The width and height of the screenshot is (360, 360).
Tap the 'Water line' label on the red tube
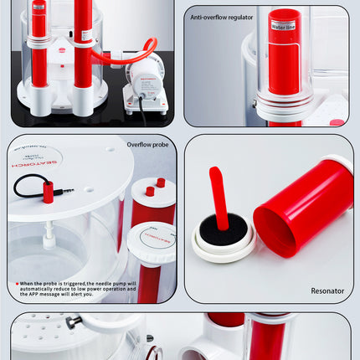[285, 26]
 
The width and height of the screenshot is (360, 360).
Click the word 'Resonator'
[327, 291]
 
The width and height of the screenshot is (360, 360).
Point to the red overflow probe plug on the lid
[48, 193]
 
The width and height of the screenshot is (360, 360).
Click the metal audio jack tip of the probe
[67, 191]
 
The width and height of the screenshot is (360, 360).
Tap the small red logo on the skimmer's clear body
[60, 50]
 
